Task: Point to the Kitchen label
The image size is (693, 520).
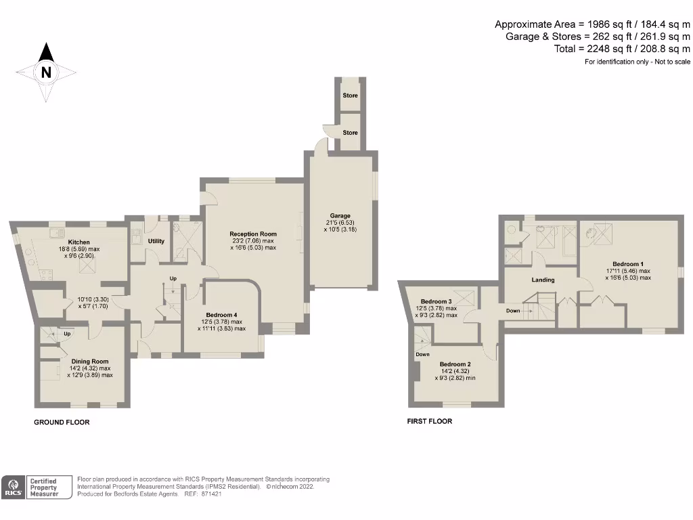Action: [79, 242]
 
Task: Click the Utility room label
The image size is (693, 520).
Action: [156, 241]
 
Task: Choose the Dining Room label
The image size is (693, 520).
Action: [90, 361]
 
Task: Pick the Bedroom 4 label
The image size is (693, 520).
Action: [221, 314]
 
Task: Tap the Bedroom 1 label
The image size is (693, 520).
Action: [628, 263]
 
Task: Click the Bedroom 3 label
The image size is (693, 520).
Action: [436, 301]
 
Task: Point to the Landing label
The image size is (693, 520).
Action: [543, 280]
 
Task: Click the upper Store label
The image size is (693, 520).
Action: [350, 95]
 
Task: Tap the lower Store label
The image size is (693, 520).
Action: [350, 133]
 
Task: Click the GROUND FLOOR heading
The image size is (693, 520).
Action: [62, 422]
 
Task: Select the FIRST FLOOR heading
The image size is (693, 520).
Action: [429, 421]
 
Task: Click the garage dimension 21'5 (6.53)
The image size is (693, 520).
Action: [340, 223]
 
